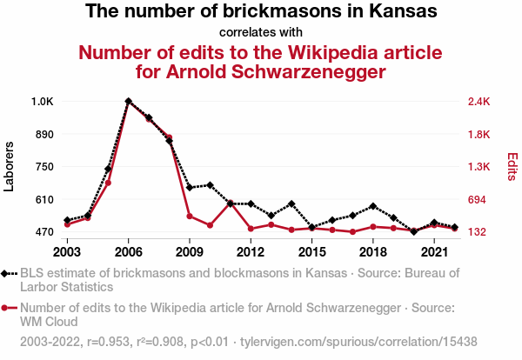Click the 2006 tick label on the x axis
(x=128, y=252)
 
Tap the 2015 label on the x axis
(x=311, y=252)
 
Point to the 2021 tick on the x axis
(x=434, y=252)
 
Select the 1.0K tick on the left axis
(x=43, y=102)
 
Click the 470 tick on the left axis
(x=44, y=232)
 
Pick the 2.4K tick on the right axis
(x=480, y=102)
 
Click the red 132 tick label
(x=478, y=232)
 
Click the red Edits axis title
(x=512, y=167)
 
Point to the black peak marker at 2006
(x=128, y=101)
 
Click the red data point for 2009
(x=190, y=217)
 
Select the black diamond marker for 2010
(x=210, y=185)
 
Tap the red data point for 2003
(x=67, y=224)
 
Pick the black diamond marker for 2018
(x=373, y=206)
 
